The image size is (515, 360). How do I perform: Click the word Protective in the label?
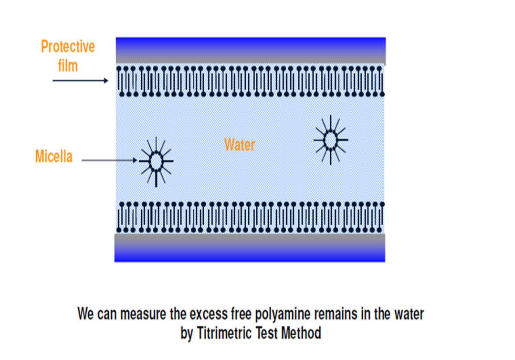tap(68, 47)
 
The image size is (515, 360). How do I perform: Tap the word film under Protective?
tap(68, 65)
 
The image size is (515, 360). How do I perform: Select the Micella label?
tap(54, 157)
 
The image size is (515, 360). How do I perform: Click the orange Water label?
tap(240, 144)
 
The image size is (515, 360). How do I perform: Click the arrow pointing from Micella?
tap(109, 160)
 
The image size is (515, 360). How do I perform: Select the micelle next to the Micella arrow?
tap(156, 161)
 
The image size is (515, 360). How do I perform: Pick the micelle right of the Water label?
tap(330, 140)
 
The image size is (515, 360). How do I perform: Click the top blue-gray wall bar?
tap(251, 51)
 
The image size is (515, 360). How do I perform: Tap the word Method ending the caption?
tap(301, 332)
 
